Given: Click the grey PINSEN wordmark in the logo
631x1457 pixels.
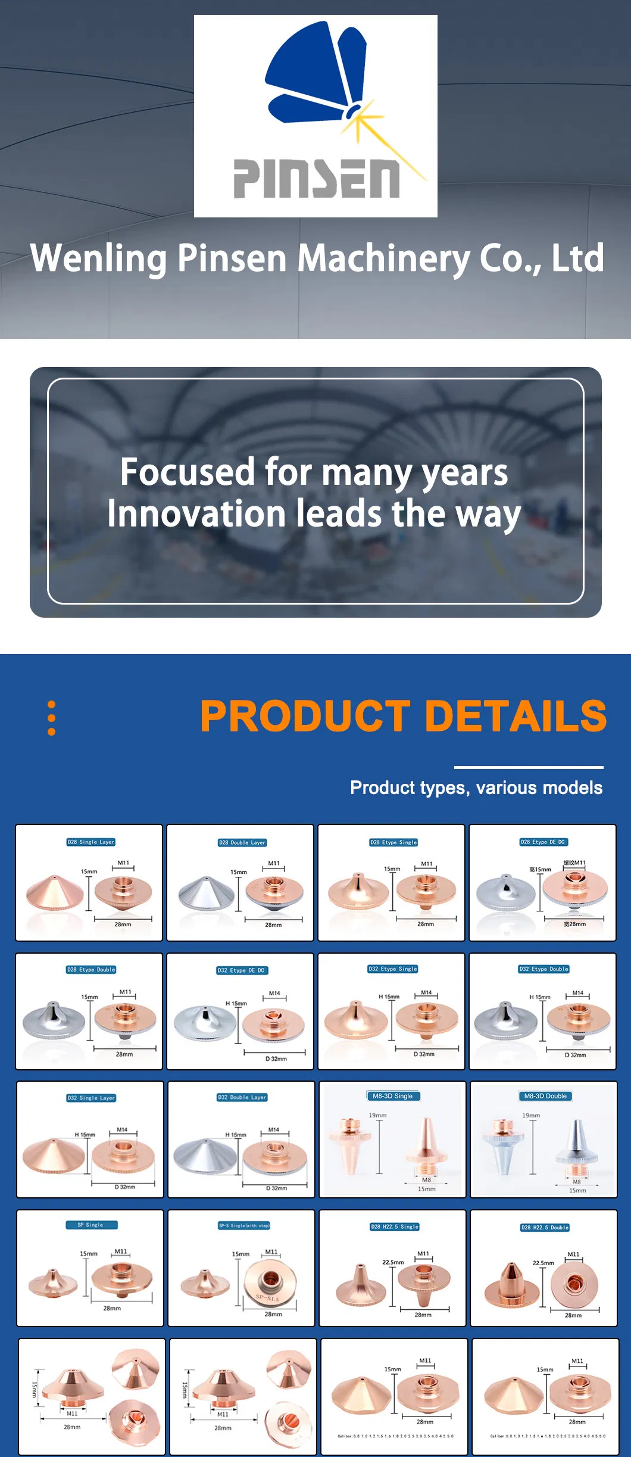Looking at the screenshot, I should pos(316,179).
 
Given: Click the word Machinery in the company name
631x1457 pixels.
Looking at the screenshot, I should pos(383,259).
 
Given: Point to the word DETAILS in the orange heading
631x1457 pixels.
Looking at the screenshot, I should pos(516,716).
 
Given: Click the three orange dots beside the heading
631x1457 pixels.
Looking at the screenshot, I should pos(52,718).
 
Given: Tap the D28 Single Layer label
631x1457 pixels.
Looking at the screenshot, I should pos(90,842).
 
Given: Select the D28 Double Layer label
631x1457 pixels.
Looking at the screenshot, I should pos(242,843).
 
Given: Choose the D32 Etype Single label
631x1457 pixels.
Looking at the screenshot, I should pos(393,969).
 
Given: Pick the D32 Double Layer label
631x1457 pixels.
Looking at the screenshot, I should pos(242,1097).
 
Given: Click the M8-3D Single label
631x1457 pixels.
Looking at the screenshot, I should pos(393,1096).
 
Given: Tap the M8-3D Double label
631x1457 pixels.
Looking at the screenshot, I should pos(545,1096).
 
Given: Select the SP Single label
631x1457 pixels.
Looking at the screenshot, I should pos(91,1225).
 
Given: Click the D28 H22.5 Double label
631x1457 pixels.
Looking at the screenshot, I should pos(545,1227).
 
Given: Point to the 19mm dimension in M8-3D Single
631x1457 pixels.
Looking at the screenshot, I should pos(377,1115).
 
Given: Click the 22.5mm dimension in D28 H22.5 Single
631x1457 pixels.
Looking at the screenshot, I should pos(393,1262).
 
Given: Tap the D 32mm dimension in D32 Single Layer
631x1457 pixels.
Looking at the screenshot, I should pos(125,1187).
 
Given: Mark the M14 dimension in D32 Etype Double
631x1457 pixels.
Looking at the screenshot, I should pos(577,993).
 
